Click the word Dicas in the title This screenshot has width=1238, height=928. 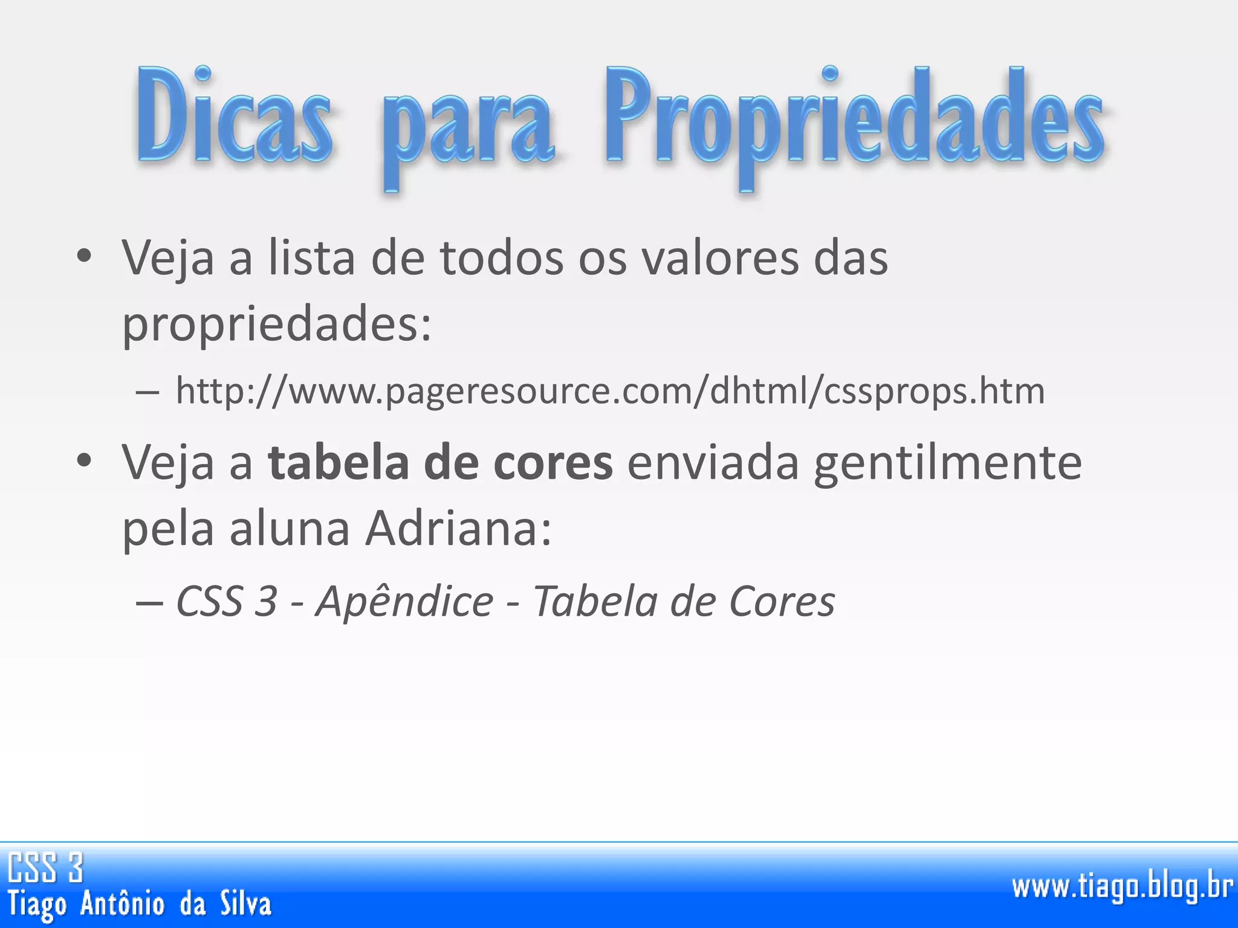pyautogui.click(x=235, y=115)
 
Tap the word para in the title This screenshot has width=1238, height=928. pyautogui.click(x=468, y=124)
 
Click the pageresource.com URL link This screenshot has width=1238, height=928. pyautogui.click(x=610, y=391)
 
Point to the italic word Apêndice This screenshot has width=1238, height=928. pyautogui.click(x=404, y=602)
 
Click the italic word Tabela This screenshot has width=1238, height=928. pyautogui.click(x=595, y=602)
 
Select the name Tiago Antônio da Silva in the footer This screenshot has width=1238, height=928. pyautogui.click(x=140, y=904)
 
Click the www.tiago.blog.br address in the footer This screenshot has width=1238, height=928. pyautogui.click(x=1122, y=887)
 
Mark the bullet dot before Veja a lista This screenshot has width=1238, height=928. pyautogui.click(x=84, y=256)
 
